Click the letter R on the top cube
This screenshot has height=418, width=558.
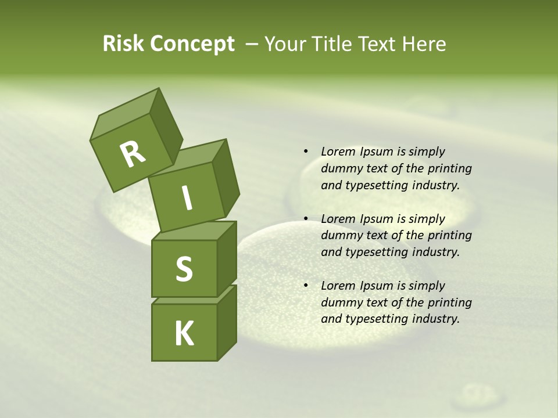[133, 154]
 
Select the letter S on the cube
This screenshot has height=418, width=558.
[184, 269]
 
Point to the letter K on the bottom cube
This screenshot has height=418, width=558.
[184, 334]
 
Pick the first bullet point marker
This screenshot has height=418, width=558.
[306, 152]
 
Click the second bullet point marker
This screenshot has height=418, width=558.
[306, 219]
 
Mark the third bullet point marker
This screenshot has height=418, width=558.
[306, 286]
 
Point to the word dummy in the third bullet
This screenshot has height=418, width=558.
[342, 302]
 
